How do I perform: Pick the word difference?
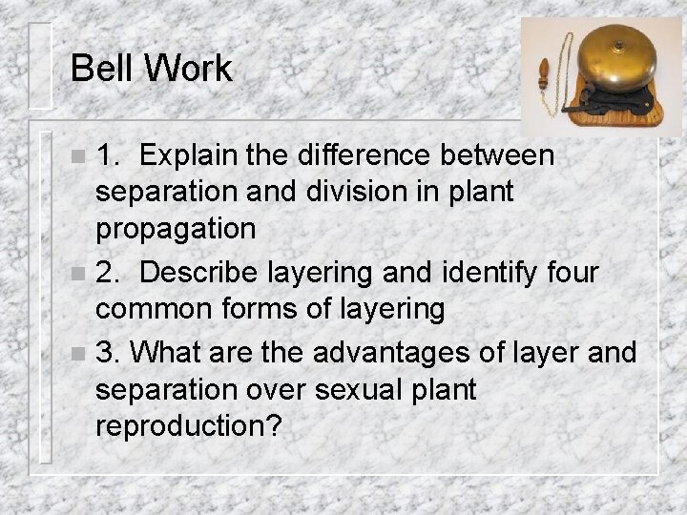point(375,154)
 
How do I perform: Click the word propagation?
point(176,229)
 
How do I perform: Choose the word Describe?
point(198,273)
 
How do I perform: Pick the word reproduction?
point(189,427)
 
